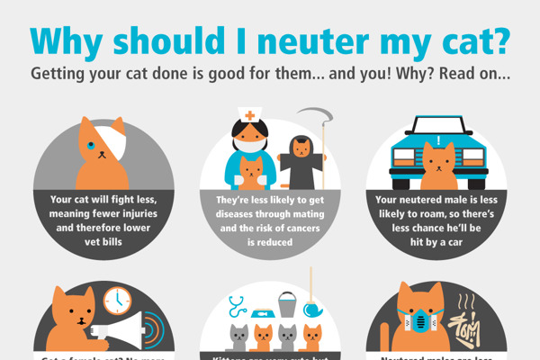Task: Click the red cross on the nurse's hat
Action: pyautogui.click(x=247, y=117)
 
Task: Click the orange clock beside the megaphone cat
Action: pyautogui.click(x=117, y=300)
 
